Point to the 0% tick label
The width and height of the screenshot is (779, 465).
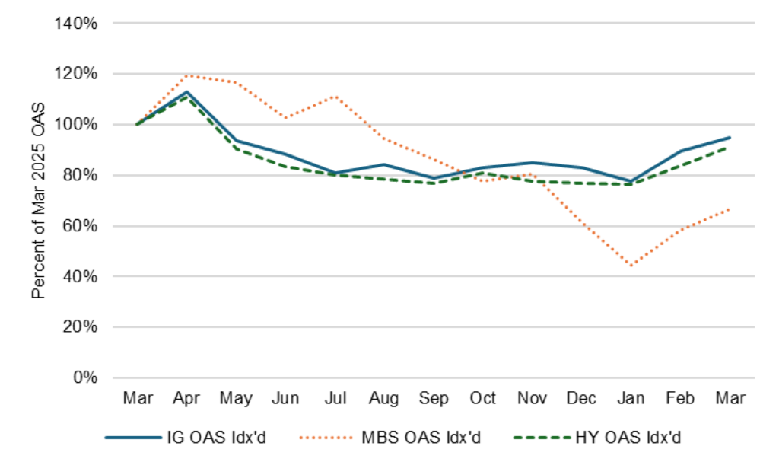tap(86, 377)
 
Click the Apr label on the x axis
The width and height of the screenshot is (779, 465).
tap(187, 398)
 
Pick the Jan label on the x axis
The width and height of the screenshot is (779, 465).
tap(631, 398)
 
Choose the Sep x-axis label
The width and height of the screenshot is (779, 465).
tap(433, 398)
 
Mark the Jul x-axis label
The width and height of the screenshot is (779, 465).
tap(335, 398)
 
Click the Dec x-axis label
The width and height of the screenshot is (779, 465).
tap(581, 398)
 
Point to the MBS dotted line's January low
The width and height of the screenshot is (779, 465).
tap(631, 266)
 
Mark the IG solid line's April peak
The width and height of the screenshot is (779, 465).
tap(187, 92)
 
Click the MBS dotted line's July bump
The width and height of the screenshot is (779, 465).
tap(335, 97)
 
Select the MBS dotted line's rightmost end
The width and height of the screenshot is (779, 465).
tap(730, 209)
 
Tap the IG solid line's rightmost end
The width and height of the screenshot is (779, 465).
tap(730, 138)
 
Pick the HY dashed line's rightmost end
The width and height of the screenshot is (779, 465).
tap(730, 148)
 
